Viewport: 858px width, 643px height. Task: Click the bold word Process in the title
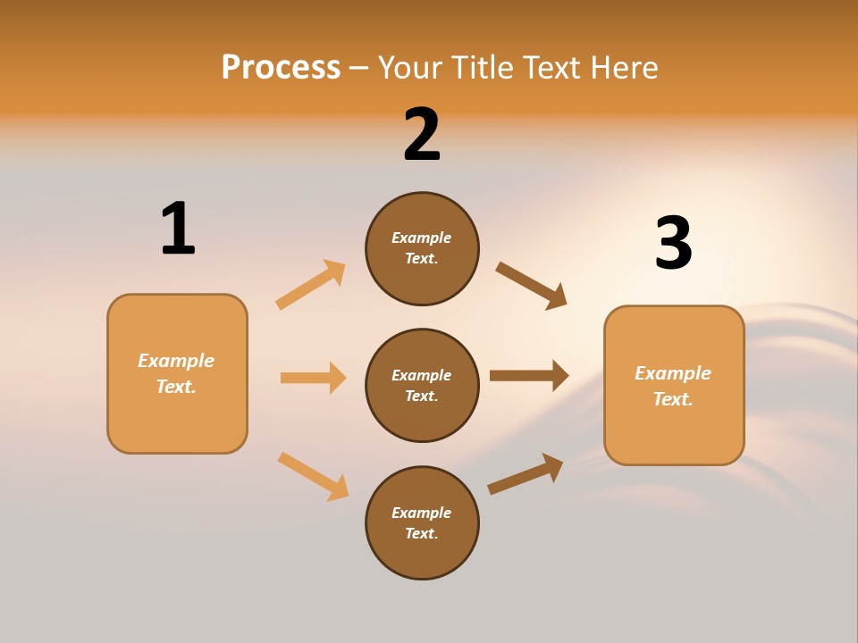tap(281, 67)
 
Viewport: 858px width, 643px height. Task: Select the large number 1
tap(178, 229)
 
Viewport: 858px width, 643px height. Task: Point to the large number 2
tap(422, 135)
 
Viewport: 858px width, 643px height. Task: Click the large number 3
tap(673, 244)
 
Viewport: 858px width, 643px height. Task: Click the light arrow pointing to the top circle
tap(311, 284)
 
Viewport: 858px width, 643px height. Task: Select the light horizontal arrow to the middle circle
tap(313, 378)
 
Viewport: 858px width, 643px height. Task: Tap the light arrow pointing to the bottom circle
tap(313, 476)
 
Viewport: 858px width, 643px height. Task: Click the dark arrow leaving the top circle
tap(532, 286)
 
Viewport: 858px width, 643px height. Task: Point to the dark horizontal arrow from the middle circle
tap(529, 376)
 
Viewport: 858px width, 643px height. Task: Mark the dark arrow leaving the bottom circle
tap(526, 474)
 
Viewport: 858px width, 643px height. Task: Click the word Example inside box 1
tap(176, 361)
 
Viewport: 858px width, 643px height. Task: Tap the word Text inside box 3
tap(673, 399)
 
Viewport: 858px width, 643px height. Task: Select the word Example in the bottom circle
tap(422, 513)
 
